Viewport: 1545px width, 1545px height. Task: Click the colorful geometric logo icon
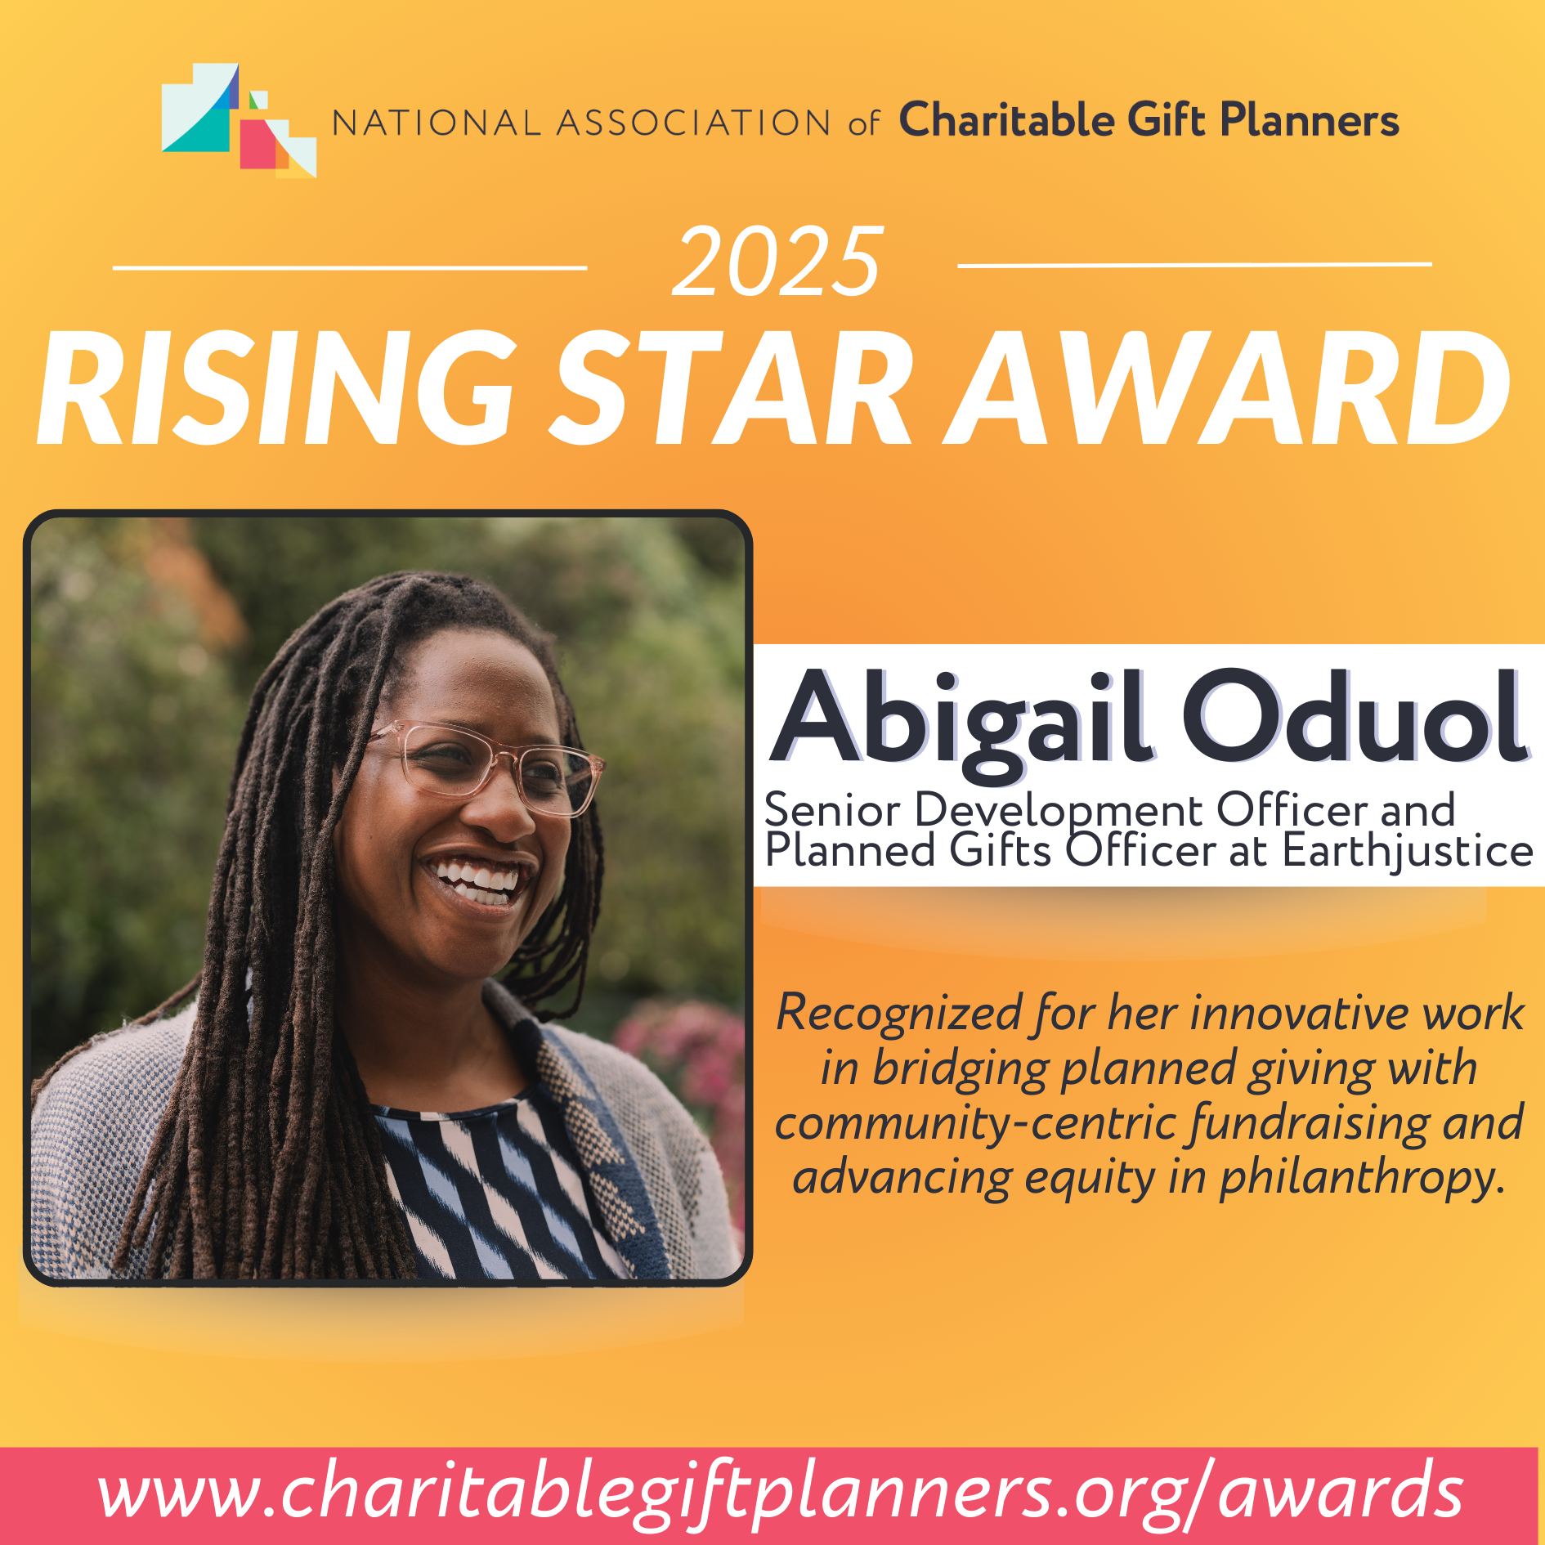tap(239, 120)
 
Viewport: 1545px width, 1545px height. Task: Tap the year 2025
tap(777, 262)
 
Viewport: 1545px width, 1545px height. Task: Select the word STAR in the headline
tap(732, 388)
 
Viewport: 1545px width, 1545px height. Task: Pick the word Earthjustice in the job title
tap(1407, 851)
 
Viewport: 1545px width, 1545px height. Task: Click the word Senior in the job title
tap(832, 810)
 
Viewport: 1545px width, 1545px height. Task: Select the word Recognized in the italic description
tap(899, 1014)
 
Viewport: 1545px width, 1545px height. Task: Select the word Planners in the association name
tap(1310, 121)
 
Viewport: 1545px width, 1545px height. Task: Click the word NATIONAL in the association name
tap(436, 123)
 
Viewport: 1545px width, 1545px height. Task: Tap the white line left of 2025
tap(350, 267)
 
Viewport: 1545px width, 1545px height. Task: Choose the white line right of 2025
tap(1194, 265)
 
